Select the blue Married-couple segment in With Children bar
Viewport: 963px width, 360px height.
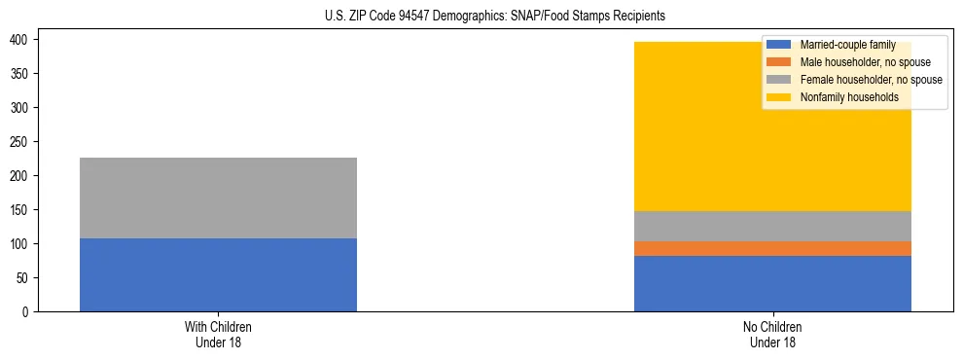pyautogui.click(x=218, y=274)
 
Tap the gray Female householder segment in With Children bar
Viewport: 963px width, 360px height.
pyautogui.click(x=218, y=198)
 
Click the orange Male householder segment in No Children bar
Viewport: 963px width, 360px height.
pyautogui.click(x=772, y=248)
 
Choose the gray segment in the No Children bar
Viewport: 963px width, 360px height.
pyautogui.click(x=772, y=226)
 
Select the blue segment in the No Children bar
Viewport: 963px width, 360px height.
pyautogui.click(x=772, y=283)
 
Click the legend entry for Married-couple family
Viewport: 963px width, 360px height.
pyautogui.click(x=846, y=45)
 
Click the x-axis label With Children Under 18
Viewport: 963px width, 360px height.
pyautogui.click(x=218, y=334)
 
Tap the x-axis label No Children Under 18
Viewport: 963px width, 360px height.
pyautogui.click(x=772, y=334)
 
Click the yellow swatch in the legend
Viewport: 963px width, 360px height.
pyautogui.click(x=779, y=97)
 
